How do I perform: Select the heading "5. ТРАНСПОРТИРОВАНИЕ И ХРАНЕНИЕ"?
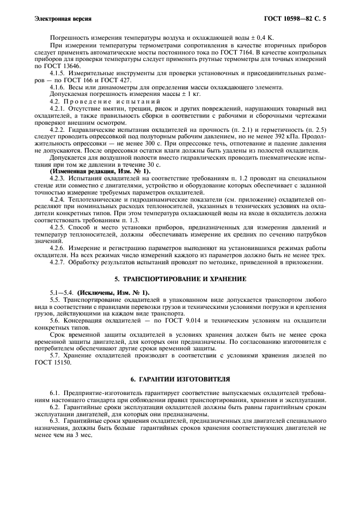(180, 278)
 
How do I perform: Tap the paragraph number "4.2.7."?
(59, 263)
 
